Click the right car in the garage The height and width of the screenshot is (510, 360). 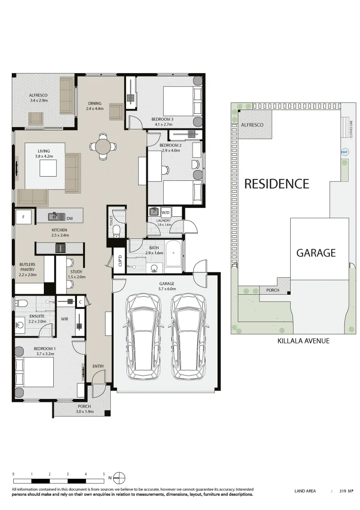point(188,337)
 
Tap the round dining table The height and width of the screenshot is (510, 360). point(104,146)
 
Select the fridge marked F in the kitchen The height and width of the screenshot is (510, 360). point(23,217)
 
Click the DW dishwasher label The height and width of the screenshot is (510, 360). point(70,218)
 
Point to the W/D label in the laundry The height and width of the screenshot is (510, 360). point(166,212)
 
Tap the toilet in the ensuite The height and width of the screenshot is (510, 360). point(22,303)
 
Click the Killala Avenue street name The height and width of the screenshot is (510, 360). point(296,340)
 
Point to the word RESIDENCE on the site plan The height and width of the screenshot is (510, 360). point(276,184)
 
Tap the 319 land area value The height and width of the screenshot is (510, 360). point(343,491)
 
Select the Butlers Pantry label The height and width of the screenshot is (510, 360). point(27,270)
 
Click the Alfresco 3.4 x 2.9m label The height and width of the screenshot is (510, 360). point(38,98)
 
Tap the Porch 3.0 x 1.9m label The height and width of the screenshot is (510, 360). point(84,409)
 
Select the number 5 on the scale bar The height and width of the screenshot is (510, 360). point(104,474)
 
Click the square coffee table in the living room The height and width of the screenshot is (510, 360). point(48,168)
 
